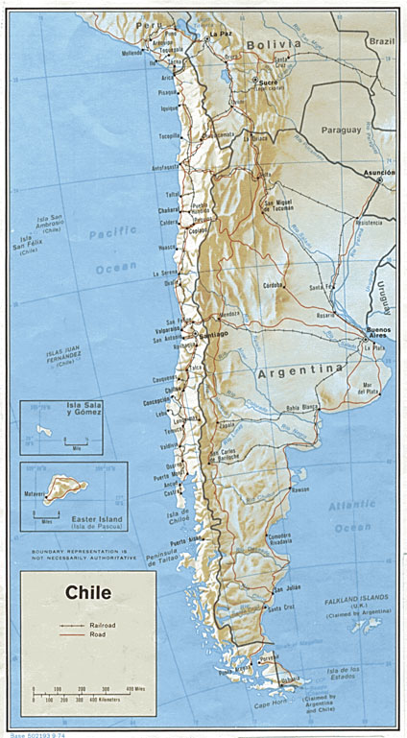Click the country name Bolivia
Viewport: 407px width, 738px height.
point(273,44)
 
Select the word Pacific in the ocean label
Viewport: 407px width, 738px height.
point(113,232)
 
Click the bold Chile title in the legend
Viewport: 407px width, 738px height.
point(88,592)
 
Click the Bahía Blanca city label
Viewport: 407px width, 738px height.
point(300,409)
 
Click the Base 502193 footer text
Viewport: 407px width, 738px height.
point(31,733)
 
